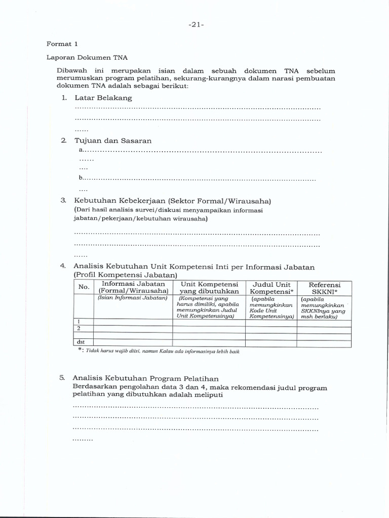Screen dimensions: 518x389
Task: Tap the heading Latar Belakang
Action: coord(103,98)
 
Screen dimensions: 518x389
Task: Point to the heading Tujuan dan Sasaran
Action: coord(113,141)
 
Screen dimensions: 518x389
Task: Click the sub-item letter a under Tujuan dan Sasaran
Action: coord(81,151)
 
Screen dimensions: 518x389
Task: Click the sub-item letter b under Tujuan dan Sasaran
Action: coord(81,179)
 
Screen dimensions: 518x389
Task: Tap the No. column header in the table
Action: coord(84,287)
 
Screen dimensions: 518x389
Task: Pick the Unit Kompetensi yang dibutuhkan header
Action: coord(209,288)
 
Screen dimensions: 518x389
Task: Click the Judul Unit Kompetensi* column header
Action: coord(271,288)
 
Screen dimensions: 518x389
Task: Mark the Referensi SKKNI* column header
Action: coord(324,288)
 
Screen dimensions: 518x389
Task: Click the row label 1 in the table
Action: coord(79,322)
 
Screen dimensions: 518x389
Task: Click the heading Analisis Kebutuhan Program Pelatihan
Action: coord(145,378)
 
